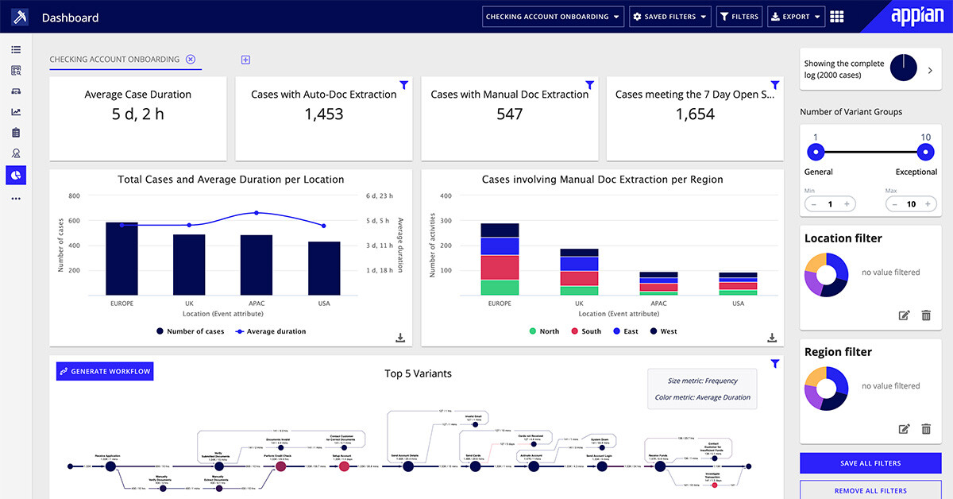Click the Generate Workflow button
point(104,371)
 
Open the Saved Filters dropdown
point(669,17)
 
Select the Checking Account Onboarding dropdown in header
point(553,17)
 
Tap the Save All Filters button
point(870,463)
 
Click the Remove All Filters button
point(870,490)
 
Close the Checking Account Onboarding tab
point(191,59)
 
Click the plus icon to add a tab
point(245,60)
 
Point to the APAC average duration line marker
point(257,213)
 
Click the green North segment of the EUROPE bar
point(500,288)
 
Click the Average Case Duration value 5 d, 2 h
point(138,114)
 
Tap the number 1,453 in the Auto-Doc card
point(324,114)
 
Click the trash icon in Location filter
point(925,315)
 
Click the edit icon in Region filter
point(904,429)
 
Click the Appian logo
point(917,17)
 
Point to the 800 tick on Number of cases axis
point(74,195)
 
